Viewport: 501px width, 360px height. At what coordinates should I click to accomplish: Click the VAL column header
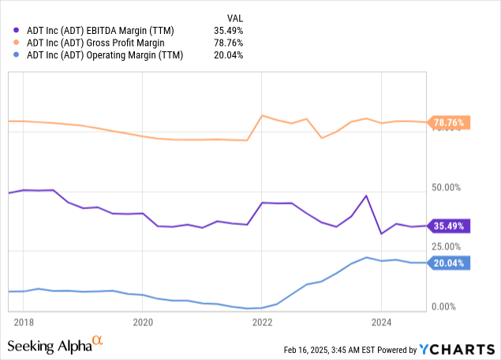coord(234,17)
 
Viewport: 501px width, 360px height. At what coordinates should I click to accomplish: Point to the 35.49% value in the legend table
coord(228,30)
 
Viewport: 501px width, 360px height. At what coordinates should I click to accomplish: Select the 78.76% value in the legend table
coord(228,43)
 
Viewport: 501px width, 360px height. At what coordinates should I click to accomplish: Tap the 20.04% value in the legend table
coord(228,55)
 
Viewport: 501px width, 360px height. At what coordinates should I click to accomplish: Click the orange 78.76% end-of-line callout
coord(449,122)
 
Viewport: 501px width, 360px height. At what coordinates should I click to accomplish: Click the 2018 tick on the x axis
coord(24,321)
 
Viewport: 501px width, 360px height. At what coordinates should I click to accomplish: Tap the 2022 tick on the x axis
coord(262,321)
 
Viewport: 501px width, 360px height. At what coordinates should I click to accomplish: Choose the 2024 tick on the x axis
coord(381,321)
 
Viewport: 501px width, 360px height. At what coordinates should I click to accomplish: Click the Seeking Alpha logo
coord(54,345)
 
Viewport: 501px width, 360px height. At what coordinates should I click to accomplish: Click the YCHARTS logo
coord(457,349)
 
